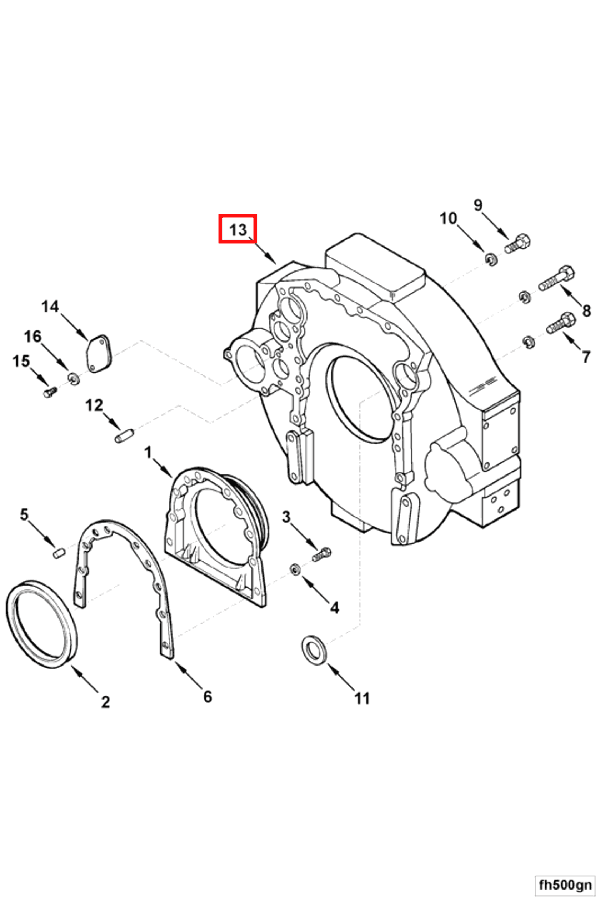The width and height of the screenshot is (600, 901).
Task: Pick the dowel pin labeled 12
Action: coord(124,436)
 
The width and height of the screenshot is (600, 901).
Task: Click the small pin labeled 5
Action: coord(59,553)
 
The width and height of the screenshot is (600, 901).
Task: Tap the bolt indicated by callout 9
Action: coord(517,244)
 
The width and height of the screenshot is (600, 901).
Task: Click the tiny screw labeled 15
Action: coord(50,392)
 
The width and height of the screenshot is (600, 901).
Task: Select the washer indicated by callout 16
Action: coord(74,379)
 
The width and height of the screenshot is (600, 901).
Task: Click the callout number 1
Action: coord(148,453)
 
